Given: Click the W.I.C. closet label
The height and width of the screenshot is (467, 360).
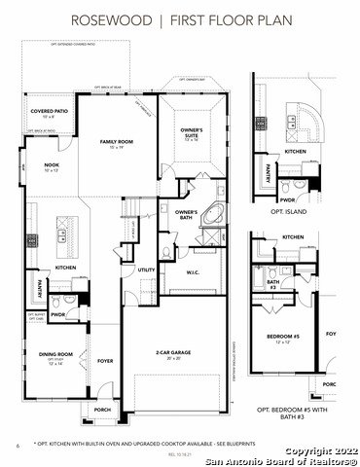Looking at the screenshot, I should point(193,273).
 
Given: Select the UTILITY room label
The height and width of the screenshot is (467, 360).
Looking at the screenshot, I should point(146,270).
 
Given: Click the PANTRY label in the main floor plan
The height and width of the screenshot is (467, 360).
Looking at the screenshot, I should point(40,289).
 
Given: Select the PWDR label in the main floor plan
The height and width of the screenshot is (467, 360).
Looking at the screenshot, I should point(57,314).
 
